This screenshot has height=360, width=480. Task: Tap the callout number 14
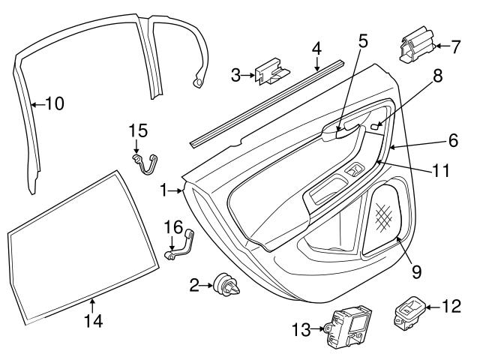[93, 322]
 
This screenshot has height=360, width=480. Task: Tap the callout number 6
[452, 139]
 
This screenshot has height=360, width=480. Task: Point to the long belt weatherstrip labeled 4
[262, 104]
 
